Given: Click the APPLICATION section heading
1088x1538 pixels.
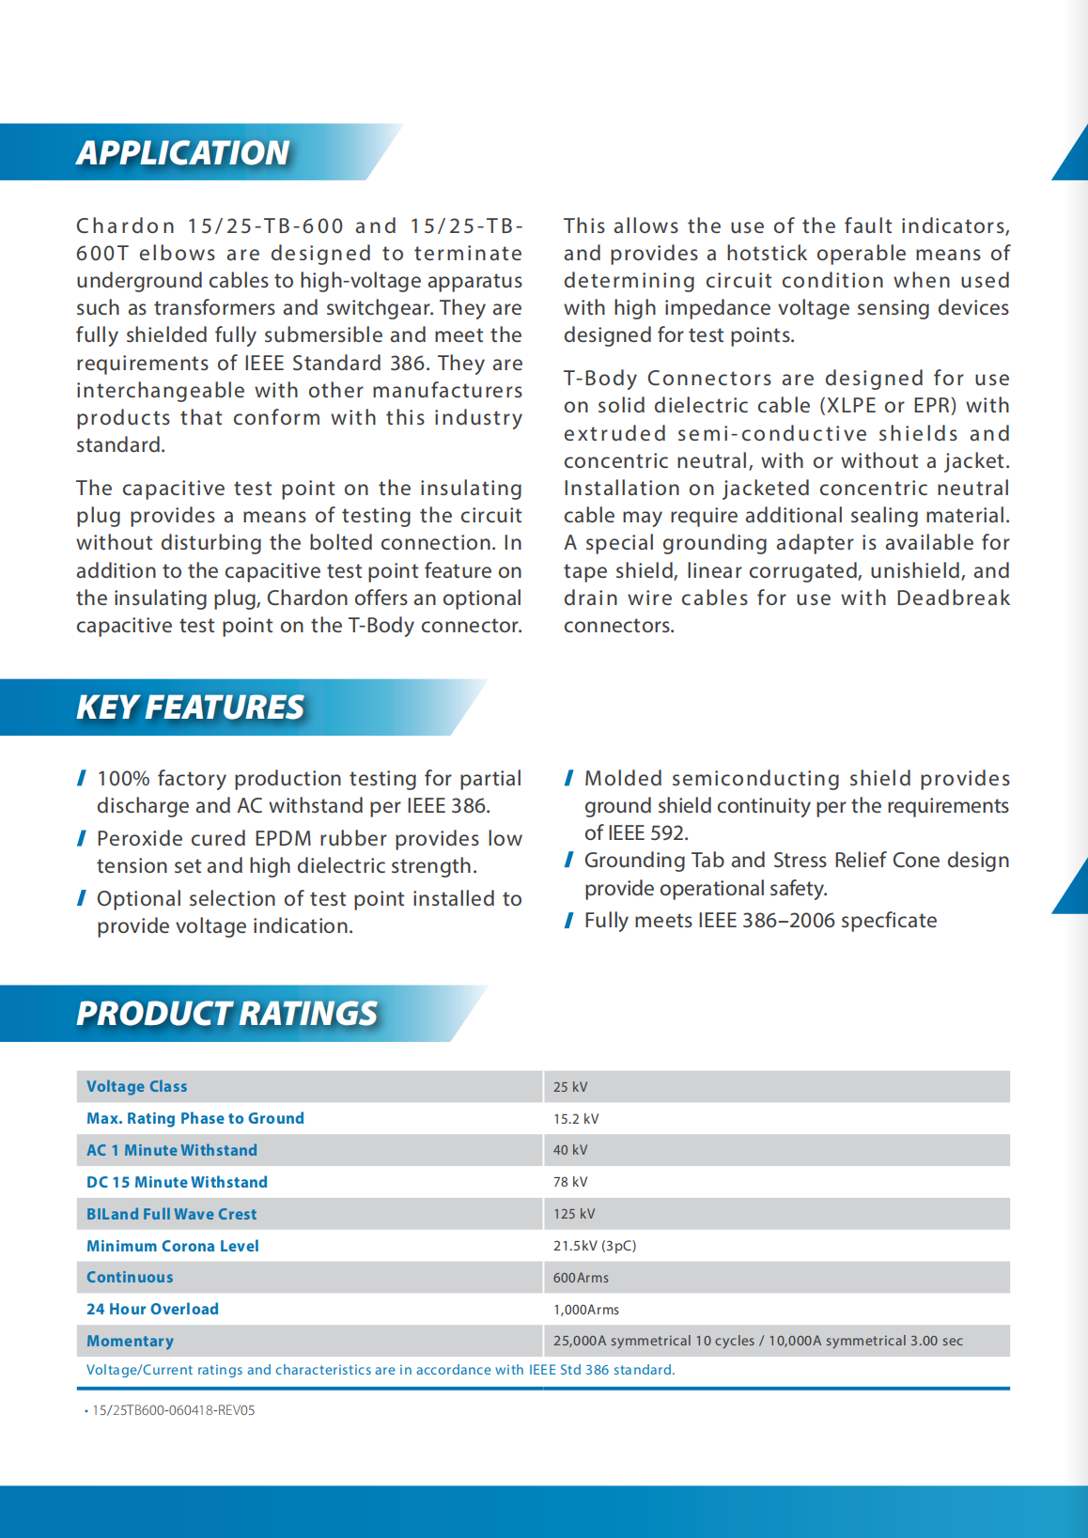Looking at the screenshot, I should pyautogui.click(x=183, y=152).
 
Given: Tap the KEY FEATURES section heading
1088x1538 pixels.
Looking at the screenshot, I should pyautogui.click(x=191, y=707).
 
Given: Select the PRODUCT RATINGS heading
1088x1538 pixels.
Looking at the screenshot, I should pyautogui.click(x=227, y=1013).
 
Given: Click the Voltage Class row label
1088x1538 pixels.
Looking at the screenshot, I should pyautogui.click(x=137, y=1086).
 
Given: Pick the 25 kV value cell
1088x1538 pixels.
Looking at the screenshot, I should pyautogui.click(x=570, y=1087).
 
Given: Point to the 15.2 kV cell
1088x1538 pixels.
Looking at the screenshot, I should pyautogui.click(x=576, y=1119).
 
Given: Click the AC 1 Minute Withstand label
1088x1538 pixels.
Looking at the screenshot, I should pyautogui.click(x=172, y=1150).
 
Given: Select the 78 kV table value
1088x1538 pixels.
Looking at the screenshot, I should pyautogui.click(x=570, y=1182).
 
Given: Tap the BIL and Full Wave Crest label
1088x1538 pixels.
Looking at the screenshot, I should pyautogui.click(x=172, y=1214).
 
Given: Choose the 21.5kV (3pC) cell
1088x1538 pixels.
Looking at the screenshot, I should pyautogui.click(x=595, y=1246).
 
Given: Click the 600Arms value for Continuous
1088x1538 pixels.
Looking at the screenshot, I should pyautogui.click(x=581, y=1278).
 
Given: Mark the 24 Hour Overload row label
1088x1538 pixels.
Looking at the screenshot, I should pyautogui.click(x=152, y=1309).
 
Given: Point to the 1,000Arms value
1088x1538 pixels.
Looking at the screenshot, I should pyautogui.click(x=586, y=1310).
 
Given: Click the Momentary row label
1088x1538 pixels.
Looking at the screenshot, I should pyautogui.click(x=130, y=1341).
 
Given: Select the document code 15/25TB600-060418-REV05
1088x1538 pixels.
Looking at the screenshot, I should pyautogui.click(x=174, y=1410).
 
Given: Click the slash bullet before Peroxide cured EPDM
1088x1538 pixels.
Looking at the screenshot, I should pyautogui.click(x=83, y=838).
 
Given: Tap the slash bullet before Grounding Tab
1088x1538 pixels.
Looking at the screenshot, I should pyautogui.click(x=569, y=860).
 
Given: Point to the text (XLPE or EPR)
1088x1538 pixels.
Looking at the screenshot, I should pyautogui.click(x=890, y=406).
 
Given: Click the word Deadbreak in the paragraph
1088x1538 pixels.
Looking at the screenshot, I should pyautogui.click(x=953, y=598).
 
